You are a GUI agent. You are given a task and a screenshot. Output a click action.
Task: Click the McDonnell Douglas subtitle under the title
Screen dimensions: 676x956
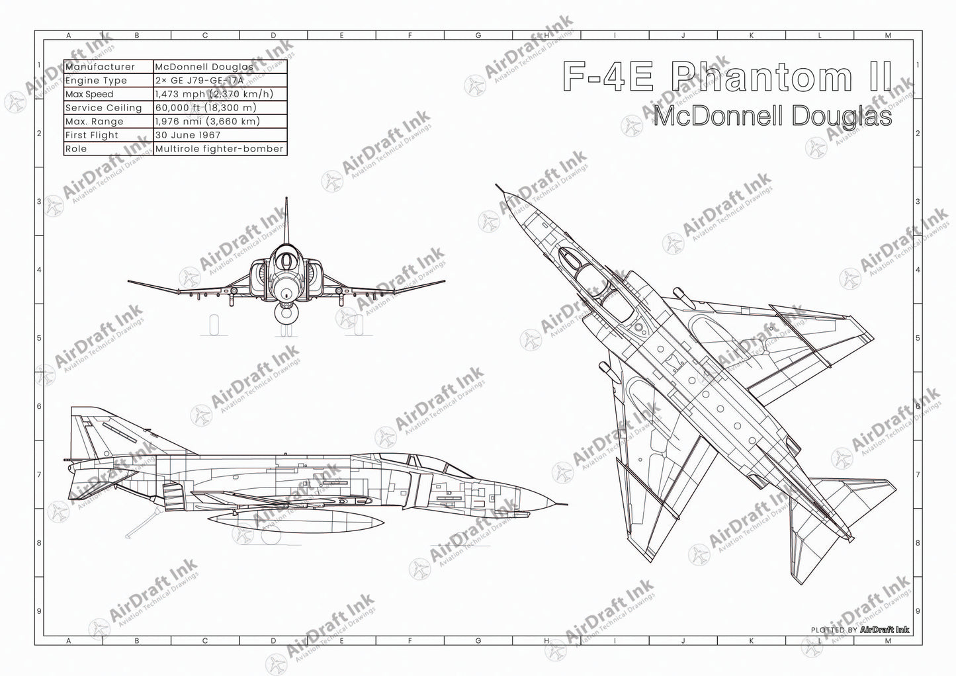pos(771,116)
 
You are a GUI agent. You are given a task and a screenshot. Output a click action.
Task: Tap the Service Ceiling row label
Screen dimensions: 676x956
pos(104,108)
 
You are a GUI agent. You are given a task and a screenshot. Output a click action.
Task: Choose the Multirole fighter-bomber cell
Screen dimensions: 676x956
pos(219,149)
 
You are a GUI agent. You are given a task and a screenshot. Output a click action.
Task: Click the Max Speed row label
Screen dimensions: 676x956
pos(89,94)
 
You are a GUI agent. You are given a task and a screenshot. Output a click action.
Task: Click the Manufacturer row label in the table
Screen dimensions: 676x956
pos(100,67)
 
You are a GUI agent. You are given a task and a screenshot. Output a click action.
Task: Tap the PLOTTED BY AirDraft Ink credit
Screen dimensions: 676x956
pos(859,630)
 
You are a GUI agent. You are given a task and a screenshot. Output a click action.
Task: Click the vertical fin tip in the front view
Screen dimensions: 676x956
pos(286,198)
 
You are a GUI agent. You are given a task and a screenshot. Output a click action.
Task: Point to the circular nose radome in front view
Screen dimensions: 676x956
pos(286,289)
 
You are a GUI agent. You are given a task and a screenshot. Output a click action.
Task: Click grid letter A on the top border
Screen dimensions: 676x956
pos(68,36)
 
